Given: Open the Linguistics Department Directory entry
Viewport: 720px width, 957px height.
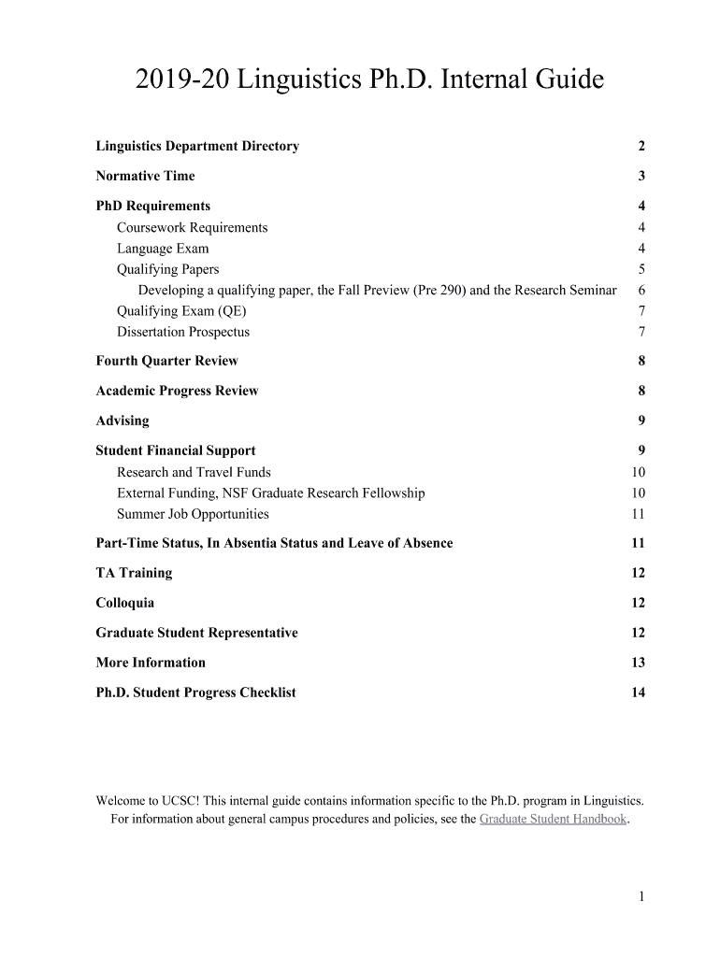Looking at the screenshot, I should (197, 146).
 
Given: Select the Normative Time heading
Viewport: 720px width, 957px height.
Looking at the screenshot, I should (145, 176).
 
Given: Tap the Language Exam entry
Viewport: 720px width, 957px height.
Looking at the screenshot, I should (163, 249).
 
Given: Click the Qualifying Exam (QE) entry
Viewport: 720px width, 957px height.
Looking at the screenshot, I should (181, 311).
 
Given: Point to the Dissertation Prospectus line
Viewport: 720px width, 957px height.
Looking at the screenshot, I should (183, 332).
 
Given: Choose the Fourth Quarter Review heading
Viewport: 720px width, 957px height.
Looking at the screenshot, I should (166, 361).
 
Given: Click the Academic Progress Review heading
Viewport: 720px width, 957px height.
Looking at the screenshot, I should (177, 391).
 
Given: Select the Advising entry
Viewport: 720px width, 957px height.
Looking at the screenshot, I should (122, 421).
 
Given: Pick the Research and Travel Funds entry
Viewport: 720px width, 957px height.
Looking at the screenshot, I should (194, 472).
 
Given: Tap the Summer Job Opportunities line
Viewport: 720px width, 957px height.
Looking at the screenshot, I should (193, 514).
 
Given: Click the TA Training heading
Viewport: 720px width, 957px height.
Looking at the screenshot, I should (134, 573).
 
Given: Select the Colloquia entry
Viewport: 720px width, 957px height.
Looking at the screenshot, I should (125, 603).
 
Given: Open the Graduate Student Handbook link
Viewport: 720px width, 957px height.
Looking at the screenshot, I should (553, 820).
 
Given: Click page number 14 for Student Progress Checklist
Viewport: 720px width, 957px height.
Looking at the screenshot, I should (638, 693).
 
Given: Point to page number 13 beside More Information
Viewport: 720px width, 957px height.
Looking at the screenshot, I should (638, 663).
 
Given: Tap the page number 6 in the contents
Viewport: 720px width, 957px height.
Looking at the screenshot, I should (641, 291).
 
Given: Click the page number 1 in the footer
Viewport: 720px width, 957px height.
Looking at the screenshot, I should (641, 896).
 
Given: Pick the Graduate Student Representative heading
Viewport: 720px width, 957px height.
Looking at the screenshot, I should (196, 633).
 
